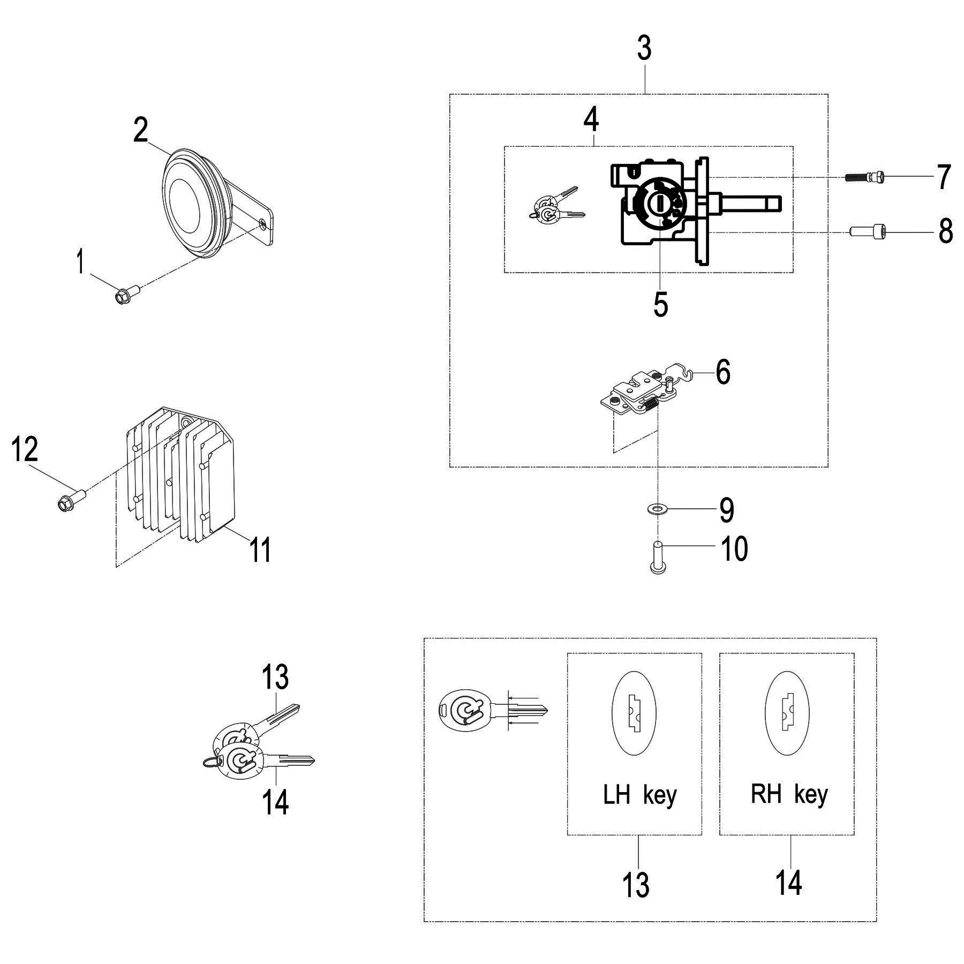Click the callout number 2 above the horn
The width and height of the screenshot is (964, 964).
[140, 130]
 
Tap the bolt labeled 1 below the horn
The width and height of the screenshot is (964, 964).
[127, 293]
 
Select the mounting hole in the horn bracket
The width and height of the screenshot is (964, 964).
[262, 223]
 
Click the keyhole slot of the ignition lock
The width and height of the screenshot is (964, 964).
[660, 203]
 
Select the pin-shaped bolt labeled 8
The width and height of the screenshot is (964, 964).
[868, 231]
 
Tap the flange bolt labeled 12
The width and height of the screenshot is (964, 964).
[71, 500]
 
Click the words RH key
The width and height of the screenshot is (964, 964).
[789, 795]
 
